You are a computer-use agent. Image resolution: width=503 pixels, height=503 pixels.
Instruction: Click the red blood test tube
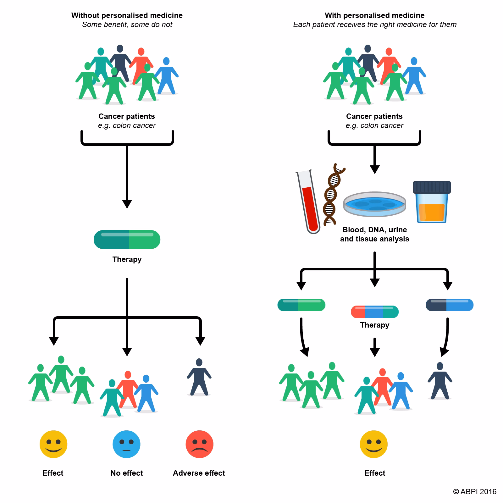309,204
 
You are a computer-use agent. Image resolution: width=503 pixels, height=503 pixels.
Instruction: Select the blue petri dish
374,204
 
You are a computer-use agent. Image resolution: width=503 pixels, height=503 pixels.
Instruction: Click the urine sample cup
432,203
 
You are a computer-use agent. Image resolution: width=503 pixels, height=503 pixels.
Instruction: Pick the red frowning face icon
199,444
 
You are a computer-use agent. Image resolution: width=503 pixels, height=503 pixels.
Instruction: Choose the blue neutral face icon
126,444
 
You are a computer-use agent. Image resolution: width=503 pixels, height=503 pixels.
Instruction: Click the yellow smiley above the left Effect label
53,444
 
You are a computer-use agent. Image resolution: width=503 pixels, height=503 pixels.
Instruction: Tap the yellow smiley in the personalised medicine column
374,444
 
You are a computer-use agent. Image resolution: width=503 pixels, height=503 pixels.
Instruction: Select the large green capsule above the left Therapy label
127,240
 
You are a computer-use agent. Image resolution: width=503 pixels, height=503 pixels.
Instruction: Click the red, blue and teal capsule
374,312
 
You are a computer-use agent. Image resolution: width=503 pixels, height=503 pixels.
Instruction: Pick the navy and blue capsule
449,305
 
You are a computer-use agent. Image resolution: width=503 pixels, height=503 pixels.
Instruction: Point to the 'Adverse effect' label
199,473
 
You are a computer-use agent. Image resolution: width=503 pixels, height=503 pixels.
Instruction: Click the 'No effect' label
126,473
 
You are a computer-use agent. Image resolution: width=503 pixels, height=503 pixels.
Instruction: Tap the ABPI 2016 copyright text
475,492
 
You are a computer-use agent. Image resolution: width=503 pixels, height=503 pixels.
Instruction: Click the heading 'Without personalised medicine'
127,15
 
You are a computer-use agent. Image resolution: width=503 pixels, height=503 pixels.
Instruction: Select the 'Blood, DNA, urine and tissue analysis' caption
374,234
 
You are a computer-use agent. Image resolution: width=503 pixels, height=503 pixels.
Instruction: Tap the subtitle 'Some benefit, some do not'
127,25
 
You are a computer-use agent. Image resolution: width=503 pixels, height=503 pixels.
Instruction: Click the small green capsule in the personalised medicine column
301,305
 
